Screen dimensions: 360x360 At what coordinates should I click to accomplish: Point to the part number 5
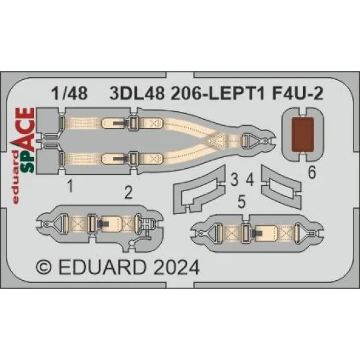coord(242,204)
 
